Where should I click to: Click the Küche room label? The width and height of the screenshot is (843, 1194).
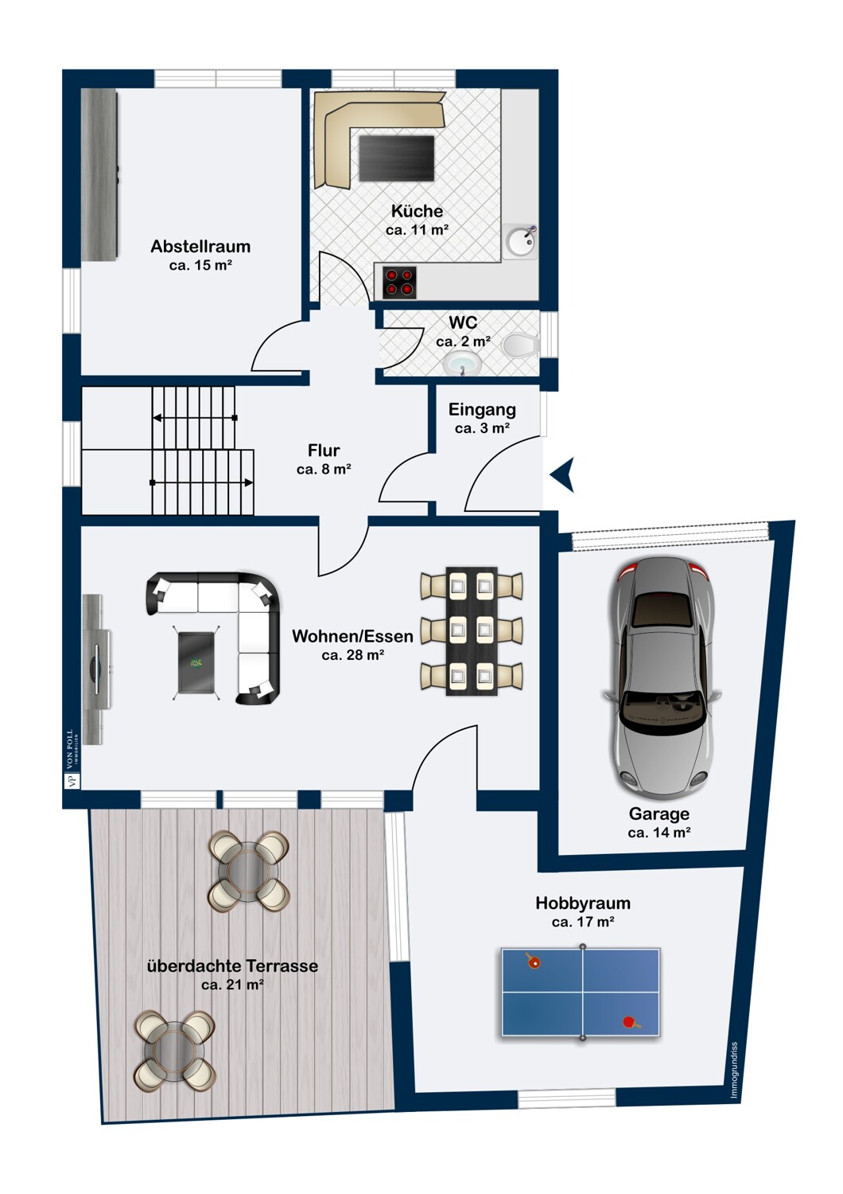(x=417, y=211)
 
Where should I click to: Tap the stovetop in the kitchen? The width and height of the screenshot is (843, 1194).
(x=399, y=283)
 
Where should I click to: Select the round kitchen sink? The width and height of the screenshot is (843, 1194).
(x=521, y=242)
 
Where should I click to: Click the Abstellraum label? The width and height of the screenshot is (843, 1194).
(x=200, y=246)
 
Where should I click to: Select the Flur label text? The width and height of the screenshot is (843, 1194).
(x=324, y=451)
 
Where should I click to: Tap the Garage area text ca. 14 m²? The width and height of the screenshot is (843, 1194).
(x=659, y=833)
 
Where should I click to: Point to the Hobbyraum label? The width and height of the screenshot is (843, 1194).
(x=583, y=903)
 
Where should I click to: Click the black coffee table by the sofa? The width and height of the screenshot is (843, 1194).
(x=196, y=662)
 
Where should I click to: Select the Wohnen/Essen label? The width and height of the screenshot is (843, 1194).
(x=352, y=637)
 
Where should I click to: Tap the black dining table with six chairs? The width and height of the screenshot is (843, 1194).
(x=472, y=631)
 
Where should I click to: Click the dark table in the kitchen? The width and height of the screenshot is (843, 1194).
(x=397, y=158)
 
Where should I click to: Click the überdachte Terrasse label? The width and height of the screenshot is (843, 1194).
(x=233, y=966)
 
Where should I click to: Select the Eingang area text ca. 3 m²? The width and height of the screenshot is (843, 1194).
(x=483, y=428)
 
